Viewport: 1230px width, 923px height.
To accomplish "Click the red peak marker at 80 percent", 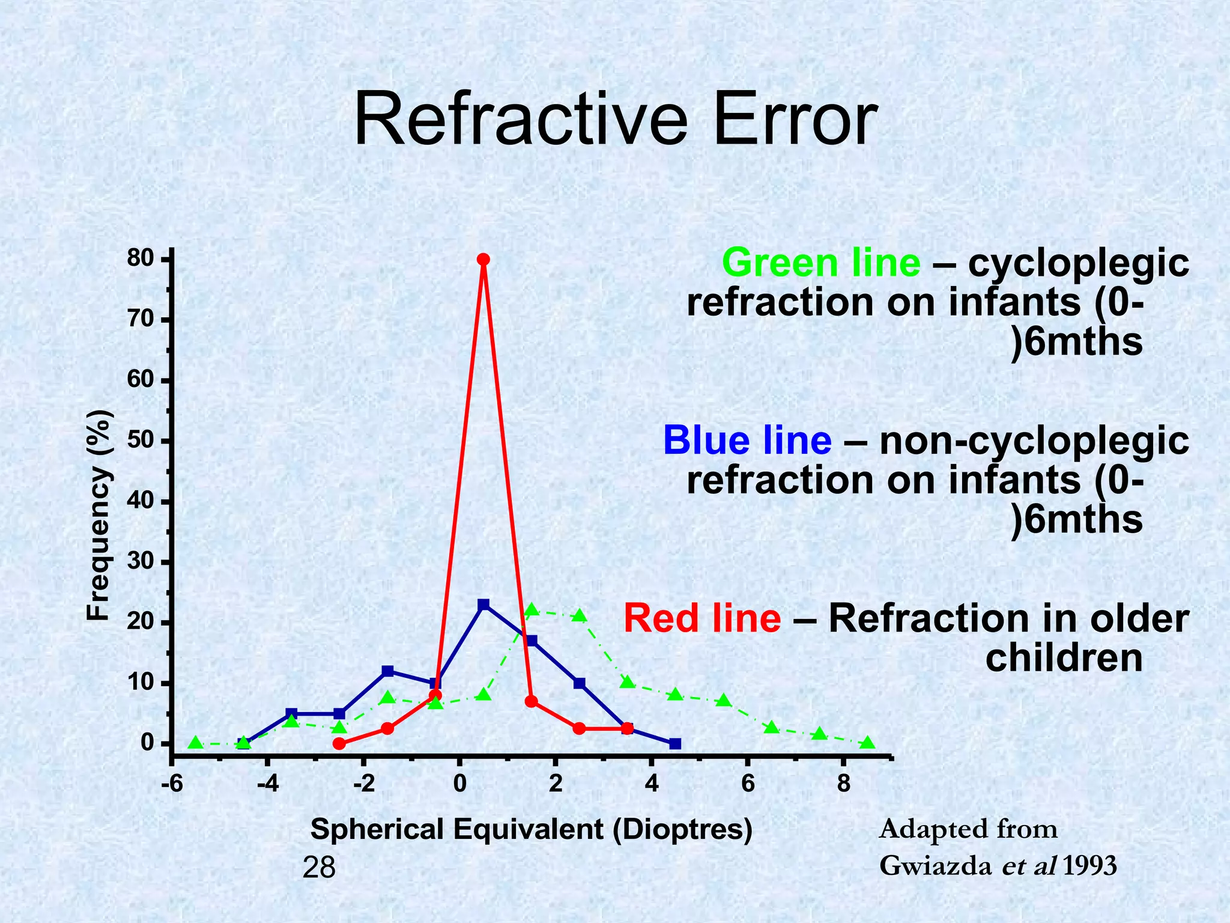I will tap(483, 259).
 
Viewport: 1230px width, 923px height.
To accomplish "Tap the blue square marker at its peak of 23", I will tap(483, 605).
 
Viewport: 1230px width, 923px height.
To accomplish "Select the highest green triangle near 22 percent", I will tap(532, 611).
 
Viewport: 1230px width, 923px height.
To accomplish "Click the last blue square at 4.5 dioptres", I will tap(675, 744).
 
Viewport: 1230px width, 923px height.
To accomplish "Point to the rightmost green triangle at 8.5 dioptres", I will tap(867, 743).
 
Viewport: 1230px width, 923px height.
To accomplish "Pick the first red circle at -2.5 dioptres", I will tap(339, 744).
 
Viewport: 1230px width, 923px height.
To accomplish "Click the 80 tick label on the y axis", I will tap(141, 259).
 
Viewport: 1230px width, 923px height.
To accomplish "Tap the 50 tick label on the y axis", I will tap(141, 441).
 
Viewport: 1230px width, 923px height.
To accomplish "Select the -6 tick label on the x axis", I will tap(171, 784).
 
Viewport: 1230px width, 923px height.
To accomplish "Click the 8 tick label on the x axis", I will tap(844, 784).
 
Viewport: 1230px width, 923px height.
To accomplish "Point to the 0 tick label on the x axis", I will tap(459, 784).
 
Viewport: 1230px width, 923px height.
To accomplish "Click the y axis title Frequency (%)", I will tap(98, 516).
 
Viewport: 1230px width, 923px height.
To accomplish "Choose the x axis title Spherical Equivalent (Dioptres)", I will tap(531, 830).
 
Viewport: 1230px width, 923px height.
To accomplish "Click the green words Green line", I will tap(821, 263).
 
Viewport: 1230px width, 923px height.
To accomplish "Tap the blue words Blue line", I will tap(747, 440).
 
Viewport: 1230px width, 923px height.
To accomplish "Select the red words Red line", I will tap(702, 618).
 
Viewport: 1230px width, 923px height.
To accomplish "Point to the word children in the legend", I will tap(1064, 658).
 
